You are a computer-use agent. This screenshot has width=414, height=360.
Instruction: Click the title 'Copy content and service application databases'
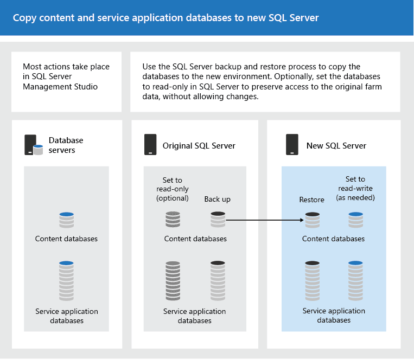point(165,18)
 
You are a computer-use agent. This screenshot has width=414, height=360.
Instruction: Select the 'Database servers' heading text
point(66,145)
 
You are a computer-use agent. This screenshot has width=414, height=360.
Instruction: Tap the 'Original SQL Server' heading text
point(199,145)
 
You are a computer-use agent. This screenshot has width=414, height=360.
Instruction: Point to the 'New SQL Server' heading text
point(336,145)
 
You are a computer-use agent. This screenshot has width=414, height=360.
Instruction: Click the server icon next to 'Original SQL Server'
point(150,145)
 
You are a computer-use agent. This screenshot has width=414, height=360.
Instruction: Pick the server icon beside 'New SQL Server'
point(292,145)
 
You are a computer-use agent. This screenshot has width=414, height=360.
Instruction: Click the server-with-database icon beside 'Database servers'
point(33,145)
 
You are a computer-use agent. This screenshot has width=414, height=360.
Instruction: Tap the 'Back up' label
point(217,199)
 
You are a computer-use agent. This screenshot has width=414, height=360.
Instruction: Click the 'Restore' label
point(311,200)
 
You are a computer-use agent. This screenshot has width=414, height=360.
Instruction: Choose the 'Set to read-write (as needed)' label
point(355,189)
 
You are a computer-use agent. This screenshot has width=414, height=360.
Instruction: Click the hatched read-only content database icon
point(173,220)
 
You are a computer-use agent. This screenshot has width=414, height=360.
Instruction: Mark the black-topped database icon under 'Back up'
point(218,220)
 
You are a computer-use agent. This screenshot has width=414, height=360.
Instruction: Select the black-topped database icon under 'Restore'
point(312,220)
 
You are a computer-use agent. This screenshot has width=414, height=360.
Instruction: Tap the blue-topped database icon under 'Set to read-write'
point(355,220)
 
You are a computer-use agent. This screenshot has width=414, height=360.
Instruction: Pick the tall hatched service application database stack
point(173,280)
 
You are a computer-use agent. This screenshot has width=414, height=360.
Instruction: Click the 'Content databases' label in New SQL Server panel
point(333,239)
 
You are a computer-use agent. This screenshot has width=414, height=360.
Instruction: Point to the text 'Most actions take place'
point(66,67)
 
